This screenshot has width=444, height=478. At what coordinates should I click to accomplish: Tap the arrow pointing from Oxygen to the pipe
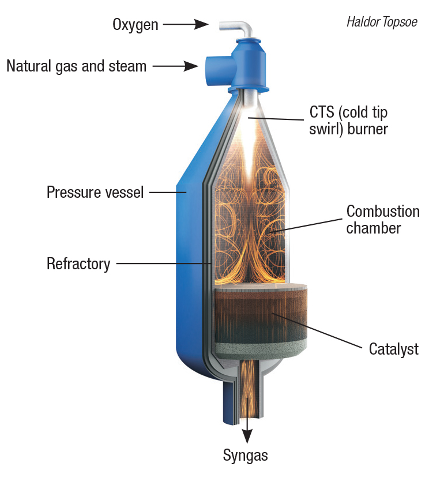coord(186,24)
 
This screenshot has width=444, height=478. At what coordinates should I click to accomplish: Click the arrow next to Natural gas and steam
coord(175,66)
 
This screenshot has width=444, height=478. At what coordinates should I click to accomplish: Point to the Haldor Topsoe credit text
coord(382,22)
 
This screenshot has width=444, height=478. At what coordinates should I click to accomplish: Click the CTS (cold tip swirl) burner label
coord(348,121)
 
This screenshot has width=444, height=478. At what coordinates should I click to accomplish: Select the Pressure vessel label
coord(95,193)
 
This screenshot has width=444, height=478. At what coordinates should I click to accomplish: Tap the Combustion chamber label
coord(383,220)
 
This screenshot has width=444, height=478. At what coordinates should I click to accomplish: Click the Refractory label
coord(78,264)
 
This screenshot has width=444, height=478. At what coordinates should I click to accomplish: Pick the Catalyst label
coord(394,349)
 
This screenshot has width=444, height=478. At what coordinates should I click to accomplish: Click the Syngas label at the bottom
coord(246,456)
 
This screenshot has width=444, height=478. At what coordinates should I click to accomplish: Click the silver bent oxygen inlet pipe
coord(239,30)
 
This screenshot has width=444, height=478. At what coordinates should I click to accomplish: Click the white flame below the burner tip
coord(249,143)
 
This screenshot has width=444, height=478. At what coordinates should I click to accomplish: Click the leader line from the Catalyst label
coord(317,330)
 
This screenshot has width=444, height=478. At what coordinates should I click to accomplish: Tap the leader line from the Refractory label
coord(163,263)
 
